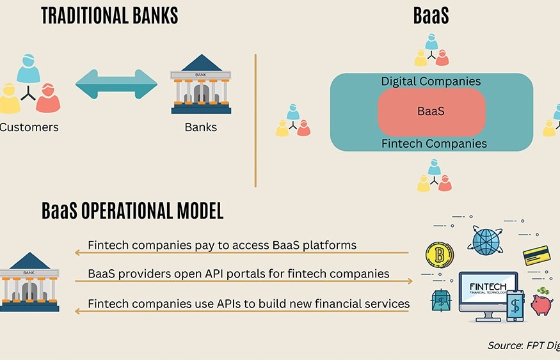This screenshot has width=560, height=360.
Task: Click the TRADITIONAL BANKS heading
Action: [109, 16]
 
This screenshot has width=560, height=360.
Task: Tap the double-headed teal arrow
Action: [116, 83]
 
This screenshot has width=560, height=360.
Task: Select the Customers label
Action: [29, 127]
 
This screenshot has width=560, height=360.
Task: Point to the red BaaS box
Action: [431, 111]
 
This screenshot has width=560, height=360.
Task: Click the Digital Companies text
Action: [431, 81]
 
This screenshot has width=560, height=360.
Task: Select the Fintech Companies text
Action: [434, 143]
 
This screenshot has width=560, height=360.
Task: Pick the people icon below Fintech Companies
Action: [434, 176]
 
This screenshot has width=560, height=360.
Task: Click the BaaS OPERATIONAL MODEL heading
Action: [132, 211]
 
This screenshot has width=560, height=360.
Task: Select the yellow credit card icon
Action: [537, 256]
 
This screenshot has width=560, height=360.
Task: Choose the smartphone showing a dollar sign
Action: [516, 306]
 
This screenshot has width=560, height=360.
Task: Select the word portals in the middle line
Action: [270, 274]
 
